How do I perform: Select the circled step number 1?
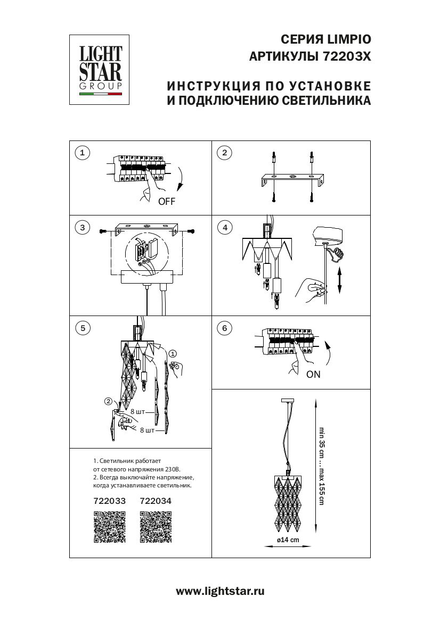pyautogui.click(x=82, y=153)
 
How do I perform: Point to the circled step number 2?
pyautogui.click(x=225, y=153)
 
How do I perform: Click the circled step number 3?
pyautogui.click(x=82, y=228)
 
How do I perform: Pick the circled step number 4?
pyautogui.click(x=225, y=228)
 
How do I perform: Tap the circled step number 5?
pyautogui.click(x=82, y=328)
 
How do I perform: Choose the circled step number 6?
pyautogui.click(x=225, y=328)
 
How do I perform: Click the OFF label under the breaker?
pyautogui.click(x=166, y=202)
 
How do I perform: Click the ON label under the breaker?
pyautogui.click(x=313, y=375)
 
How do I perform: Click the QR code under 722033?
pyautogui.click(x=109, y=527)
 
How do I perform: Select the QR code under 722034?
pyautogui.click(x=155, y=527)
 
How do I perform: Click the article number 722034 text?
pyautogui.click(x=155, y=501)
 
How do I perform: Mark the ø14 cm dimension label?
pyautogui.click(x=288, y=540)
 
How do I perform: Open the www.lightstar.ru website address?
pyautogui.click(x=220, y=591)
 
